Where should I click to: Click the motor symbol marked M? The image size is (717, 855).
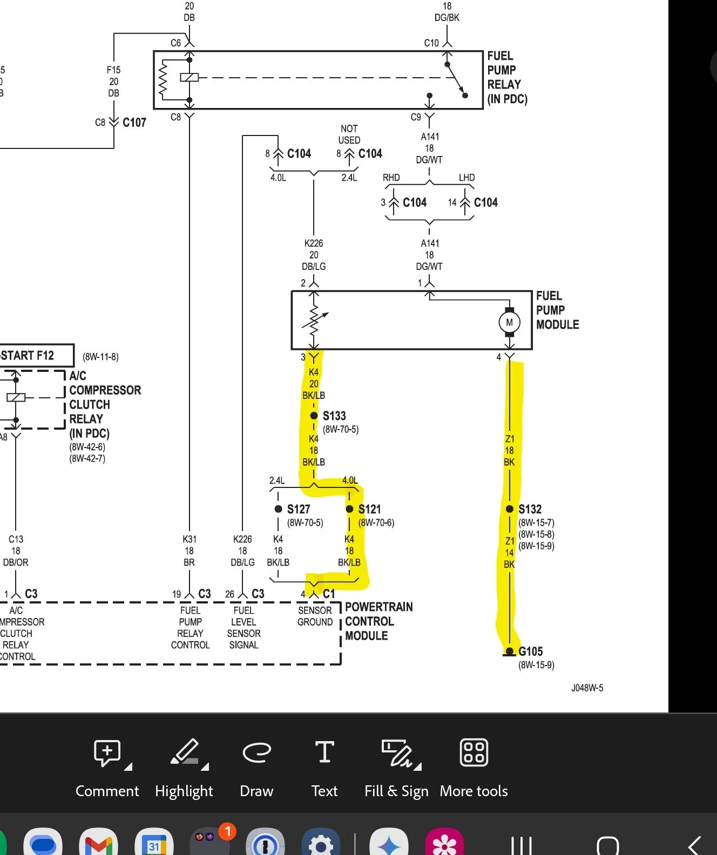pos(509,322)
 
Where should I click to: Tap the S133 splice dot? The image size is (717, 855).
pos(314,416)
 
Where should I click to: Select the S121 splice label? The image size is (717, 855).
pos(369,509)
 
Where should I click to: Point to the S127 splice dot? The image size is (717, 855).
pos(278,509)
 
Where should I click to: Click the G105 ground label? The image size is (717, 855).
pos(531,651)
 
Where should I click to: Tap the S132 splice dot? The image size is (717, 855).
pos(509,509)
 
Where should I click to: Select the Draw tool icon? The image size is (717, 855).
pos(256,752)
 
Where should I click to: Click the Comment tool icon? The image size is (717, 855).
pos(107,753)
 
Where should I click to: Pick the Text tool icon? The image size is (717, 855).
pos(324,752)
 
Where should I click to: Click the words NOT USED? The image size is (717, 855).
pos(349,134)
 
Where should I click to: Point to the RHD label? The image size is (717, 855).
pos(391,177)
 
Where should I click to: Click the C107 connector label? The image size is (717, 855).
pos(134,123)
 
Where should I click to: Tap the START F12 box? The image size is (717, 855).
pos(36,355)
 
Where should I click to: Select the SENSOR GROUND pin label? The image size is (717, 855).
pos(315,616)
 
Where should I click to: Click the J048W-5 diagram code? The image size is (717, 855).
pos(587,688)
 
